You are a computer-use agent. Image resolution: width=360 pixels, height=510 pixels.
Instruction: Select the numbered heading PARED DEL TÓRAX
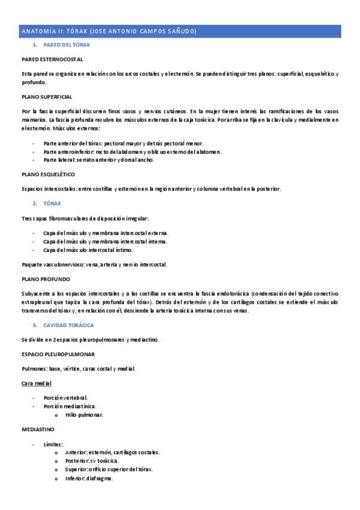(67, 45)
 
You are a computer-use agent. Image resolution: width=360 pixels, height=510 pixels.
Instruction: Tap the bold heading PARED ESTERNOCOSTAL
(52, 60)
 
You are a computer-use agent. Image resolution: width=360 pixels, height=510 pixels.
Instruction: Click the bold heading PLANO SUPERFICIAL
(47, 96)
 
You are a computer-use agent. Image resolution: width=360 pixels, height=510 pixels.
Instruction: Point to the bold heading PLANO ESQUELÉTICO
(49, 174)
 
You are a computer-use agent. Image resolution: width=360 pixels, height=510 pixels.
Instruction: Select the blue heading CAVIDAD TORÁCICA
(69, 325)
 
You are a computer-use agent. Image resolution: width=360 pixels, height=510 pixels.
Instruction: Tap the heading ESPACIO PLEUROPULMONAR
(58, 354)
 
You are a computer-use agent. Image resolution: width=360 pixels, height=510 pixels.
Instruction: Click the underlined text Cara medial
(36, 383)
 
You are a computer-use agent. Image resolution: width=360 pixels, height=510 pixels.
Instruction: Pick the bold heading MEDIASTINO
(38, 429)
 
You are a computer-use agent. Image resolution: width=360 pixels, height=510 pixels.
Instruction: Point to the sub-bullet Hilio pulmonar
(84, 415)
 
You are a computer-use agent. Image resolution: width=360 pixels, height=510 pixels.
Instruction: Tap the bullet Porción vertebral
(66, 398)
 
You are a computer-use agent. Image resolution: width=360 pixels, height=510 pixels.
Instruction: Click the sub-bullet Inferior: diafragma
(90, 479)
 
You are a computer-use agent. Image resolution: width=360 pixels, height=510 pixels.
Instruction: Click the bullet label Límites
(53, 444)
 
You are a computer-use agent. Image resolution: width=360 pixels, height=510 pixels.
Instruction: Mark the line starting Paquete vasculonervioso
(94, 265)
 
